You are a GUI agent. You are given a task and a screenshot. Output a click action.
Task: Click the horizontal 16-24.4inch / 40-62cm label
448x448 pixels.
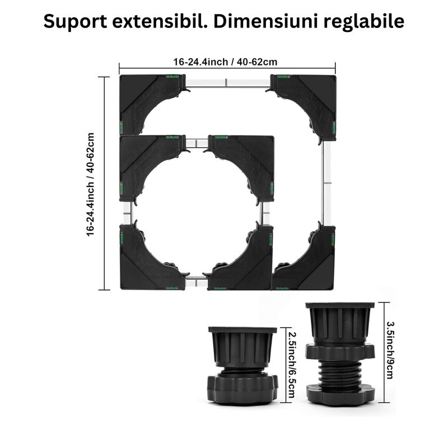pos(226,62)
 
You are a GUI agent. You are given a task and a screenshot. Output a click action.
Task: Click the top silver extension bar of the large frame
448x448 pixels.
pos(226,84)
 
